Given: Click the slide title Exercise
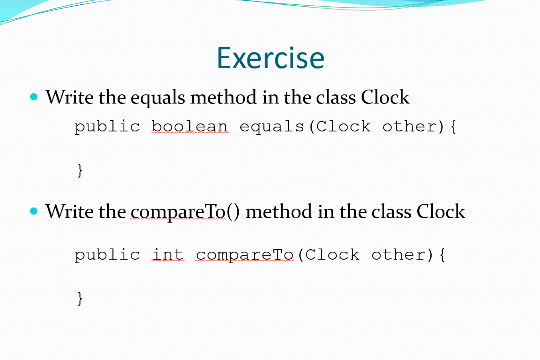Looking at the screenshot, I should tap(270, 58).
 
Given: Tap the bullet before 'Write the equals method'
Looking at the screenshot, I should tap(34, 97).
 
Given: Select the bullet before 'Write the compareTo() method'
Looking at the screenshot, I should tap(34, 211).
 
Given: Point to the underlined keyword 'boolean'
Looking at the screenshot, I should tap(190, 127).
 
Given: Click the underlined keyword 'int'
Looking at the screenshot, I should tap(168, 255).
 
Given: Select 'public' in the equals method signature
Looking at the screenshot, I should tap(107, 127).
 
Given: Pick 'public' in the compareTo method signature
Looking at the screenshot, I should tap(107, 255).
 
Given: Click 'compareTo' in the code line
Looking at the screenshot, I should tap(245, 255).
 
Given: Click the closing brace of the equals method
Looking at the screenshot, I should tap(80, 170).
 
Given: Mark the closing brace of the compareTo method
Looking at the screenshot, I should tap(80, 298).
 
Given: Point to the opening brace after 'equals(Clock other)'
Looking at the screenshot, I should tap(453, 127).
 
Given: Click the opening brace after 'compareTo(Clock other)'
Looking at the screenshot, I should tap(442, 255).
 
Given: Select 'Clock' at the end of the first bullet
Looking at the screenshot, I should tap(385, 98).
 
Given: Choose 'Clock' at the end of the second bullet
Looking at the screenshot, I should tap(441, 211).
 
